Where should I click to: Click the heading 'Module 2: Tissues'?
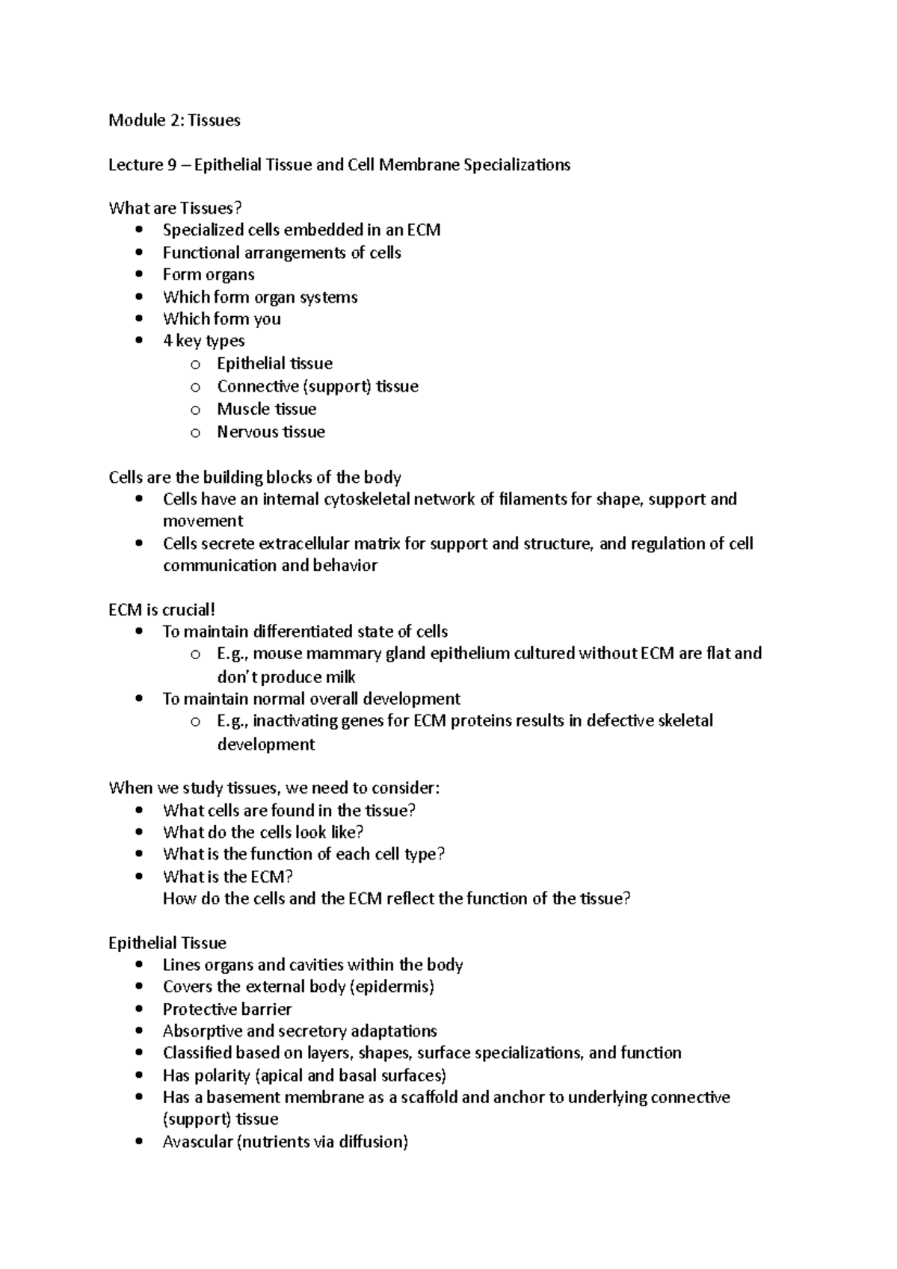coord(174,120)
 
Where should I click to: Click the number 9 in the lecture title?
coord(172,164)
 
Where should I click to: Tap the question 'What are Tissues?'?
coord(176,208)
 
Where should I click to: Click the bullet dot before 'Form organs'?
coord(139,274)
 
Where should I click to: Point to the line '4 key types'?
coord(203,341)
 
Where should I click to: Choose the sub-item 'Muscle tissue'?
coord(266,409)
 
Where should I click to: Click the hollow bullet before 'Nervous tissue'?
coord(195,432)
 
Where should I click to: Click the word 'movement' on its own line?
coord(203,521)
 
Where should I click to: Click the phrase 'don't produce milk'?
coord(286,677)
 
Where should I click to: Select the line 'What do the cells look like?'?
coord(262,832)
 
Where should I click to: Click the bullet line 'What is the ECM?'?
coord(227,876)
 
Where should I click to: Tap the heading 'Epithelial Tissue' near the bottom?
coord(167,943)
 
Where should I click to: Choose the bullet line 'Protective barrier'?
coord(227,1009)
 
